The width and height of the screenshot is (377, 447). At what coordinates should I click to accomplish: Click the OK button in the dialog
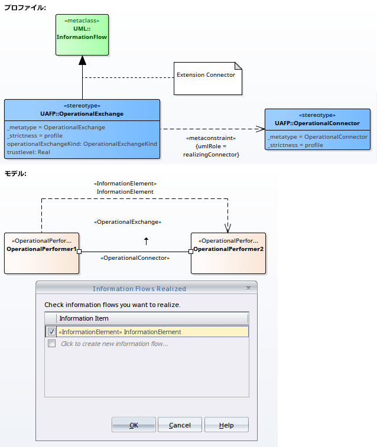pos(134,425)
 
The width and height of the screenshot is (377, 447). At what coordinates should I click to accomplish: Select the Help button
pos(226,425)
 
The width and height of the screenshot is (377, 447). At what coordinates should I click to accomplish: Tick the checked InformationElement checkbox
pos(51,331)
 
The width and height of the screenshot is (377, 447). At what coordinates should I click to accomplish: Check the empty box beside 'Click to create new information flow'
pos(51,344)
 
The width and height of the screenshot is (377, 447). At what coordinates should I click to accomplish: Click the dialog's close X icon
pos(248,288)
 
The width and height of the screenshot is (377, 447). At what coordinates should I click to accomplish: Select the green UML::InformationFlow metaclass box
pos(82,35)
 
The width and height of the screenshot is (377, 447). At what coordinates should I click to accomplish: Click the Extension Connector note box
pos(208,79)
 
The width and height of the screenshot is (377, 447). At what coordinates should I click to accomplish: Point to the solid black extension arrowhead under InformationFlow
pos(82,60)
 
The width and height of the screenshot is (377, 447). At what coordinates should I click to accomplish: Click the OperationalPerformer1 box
pos(41,253)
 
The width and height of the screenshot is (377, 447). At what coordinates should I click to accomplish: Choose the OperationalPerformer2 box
pos(228,253)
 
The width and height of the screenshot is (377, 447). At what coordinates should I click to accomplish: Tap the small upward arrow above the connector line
pos(147,241)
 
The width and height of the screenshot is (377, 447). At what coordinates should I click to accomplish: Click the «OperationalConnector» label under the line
pos(135,258)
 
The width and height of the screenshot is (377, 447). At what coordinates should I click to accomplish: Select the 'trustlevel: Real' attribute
pos(28,152)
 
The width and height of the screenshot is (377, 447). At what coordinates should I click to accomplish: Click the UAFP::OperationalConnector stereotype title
pos(317,123)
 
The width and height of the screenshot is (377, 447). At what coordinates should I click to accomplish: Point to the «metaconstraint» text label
pos(211,138)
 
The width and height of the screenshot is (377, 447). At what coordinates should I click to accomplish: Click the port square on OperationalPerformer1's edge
pos(79,252)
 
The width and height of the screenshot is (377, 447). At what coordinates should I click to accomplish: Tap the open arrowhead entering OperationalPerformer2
pos(228,228)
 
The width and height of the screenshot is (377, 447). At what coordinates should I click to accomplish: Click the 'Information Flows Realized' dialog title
pos(139,289)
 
